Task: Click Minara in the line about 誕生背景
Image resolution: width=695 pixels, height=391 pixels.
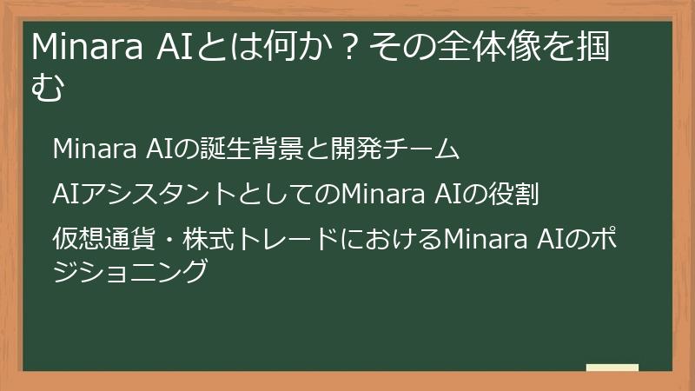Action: pyautogui.click(x=90, y=149)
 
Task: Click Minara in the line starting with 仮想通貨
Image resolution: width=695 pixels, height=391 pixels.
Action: pyautogui.click(x=481, y=237)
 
